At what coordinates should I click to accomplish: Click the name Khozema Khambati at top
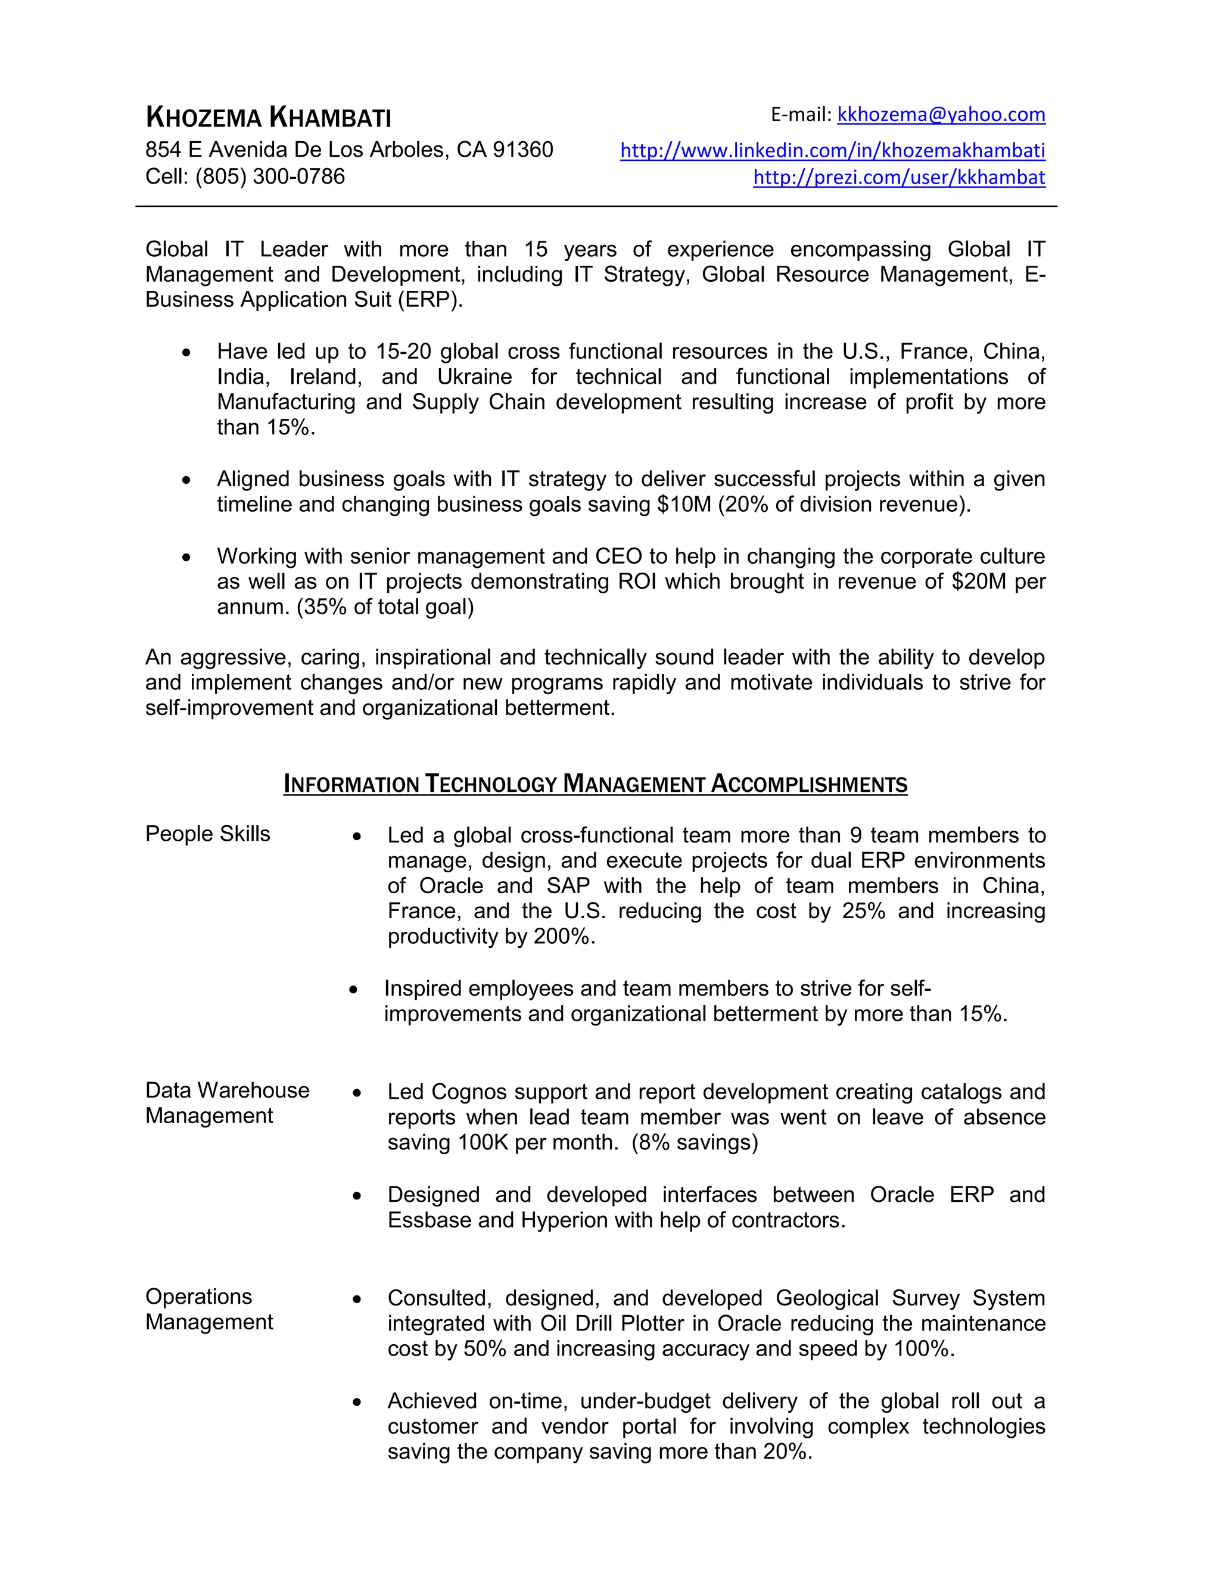tap(268, 117)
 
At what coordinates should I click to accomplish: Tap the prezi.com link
tap(898, 177)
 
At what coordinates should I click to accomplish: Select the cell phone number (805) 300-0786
tap(270, 176)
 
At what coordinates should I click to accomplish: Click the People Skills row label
tap(207, 834)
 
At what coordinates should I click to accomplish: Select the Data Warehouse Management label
tap(227, 1102)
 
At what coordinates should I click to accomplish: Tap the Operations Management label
tap(209, 1308)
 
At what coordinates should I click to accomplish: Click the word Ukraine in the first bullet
tap(474, 377)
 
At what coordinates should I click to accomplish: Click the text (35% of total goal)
tap(385, 607)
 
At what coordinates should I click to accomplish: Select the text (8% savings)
tap(695, 1142)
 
